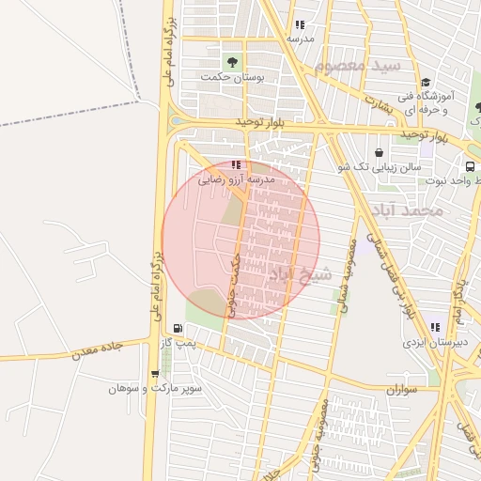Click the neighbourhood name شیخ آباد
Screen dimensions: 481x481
point(300,274)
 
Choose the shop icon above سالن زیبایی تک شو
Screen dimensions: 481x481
point(379,152)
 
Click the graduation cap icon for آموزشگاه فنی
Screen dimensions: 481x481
point(426,83)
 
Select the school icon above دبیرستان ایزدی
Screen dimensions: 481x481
point(435,327)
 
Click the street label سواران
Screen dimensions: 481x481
point(400,388)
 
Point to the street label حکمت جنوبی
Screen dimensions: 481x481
point(234,278)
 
